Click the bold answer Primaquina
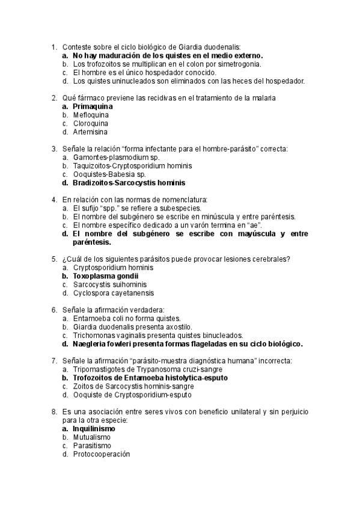tap(93, 106)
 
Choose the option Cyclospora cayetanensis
tap(112, 293)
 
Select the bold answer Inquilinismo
tap(94, 429)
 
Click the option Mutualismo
tap(92, 437)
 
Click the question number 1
tap(53, 47)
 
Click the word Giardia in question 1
tap(189, 47)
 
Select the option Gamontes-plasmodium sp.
tap(117, 157)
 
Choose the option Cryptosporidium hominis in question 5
tap(112, 268)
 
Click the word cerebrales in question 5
tap(267, 259)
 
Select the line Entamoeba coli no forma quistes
tap(126, 318)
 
